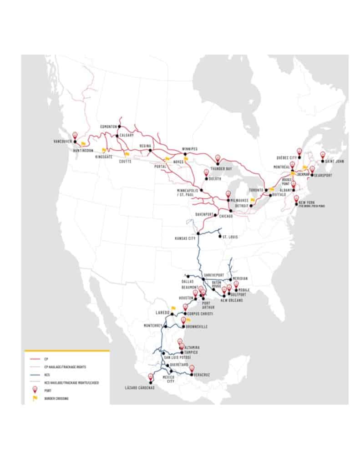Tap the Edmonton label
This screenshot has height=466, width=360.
tap(110, 126)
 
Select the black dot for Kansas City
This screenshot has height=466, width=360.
tap(198, 233)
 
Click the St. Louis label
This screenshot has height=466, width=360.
tap(230, 237)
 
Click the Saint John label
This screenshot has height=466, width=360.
tap(335, 161)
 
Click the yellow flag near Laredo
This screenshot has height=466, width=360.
tap(172, 308)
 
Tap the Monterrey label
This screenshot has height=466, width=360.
tap(152, 326)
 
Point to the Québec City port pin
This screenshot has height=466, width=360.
tap(299, 151)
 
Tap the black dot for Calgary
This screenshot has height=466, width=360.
tap(117, 136)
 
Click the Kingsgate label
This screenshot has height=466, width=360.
tap(104, 156)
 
